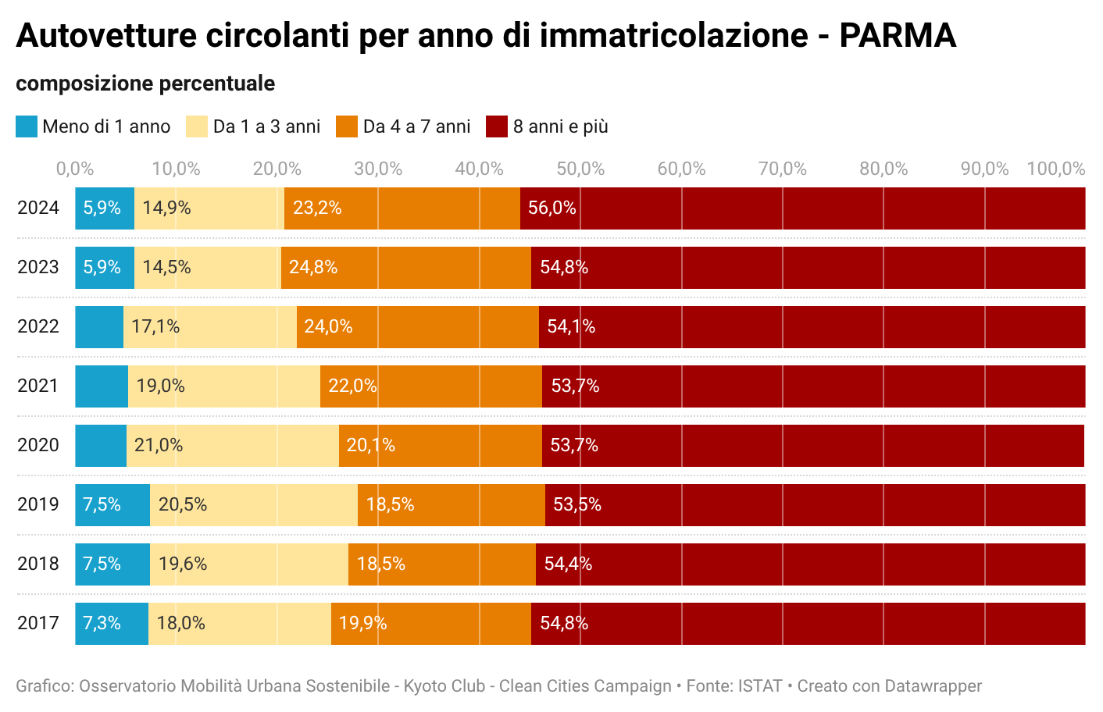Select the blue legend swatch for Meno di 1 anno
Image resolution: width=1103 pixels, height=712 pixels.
tap(27, 126)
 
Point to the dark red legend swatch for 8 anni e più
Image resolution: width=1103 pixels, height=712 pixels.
tap(497, 126)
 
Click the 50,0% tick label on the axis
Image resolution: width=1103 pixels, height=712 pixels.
tap(580, 169)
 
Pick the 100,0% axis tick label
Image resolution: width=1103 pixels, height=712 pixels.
tap(1055, 169)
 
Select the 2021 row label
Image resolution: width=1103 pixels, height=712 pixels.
tap(38, 386)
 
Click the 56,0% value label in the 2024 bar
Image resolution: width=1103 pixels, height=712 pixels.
tap(551, 208)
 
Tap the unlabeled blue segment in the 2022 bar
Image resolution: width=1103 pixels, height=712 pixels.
tap(99, 327)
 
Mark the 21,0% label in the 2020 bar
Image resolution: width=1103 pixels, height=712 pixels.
tap(159, 445)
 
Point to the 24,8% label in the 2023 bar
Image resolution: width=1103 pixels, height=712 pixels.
tap(313, 267)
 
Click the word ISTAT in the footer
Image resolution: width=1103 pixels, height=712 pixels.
tap(760, 686)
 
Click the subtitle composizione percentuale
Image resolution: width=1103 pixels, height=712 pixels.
tap(145, 84)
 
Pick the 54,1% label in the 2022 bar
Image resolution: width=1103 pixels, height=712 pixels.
tap(571, 326)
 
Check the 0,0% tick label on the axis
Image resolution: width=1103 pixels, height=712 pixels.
tap(75, 169)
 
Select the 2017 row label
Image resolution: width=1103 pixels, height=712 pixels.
tap(38, 623)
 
